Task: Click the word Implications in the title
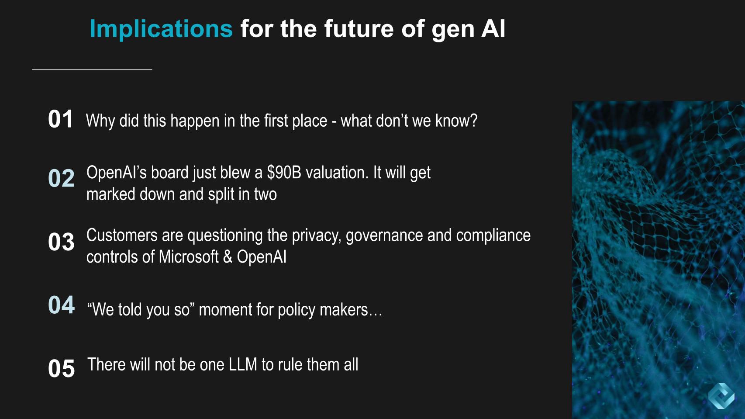(x=161, y=29)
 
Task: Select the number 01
(x=61, y=119)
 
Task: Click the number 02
(x=61, y=178)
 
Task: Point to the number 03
(x=61, y=242)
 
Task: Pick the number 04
(x=61, y=305)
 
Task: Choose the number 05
(x=61, y=368)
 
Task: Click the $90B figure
(x=284, y=173)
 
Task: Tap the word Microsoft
(x=189, y=256)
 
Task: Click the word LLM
(x=243, y=364)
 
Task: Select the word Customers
(x=122, y=235)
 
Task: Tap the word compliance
(x=493, y=236)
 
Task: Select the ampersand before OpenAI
(x=228, y=256)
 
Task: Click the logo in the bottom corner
(x=721, y=396)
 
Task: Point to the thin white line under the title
(x=92, y=69)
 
